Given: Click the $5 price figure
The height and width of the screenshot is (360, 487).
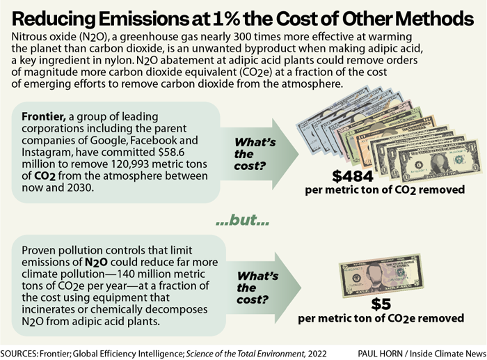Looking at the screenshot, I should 381,304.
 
